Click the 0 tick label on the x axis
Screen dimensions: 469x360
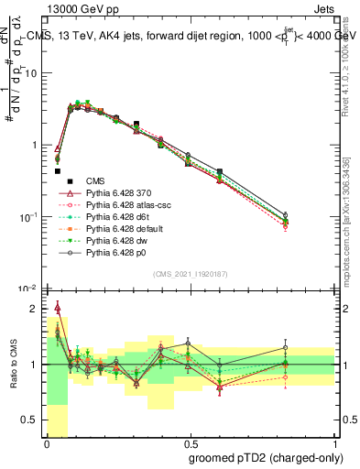click(47, 442)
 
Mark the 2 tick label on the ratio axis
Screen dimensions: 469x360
click(35, 309)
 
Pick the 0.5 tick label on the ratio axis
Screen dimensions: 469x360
click(31, 420)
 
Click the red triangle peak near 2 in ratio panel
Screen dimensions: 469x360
click(58, 308)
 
